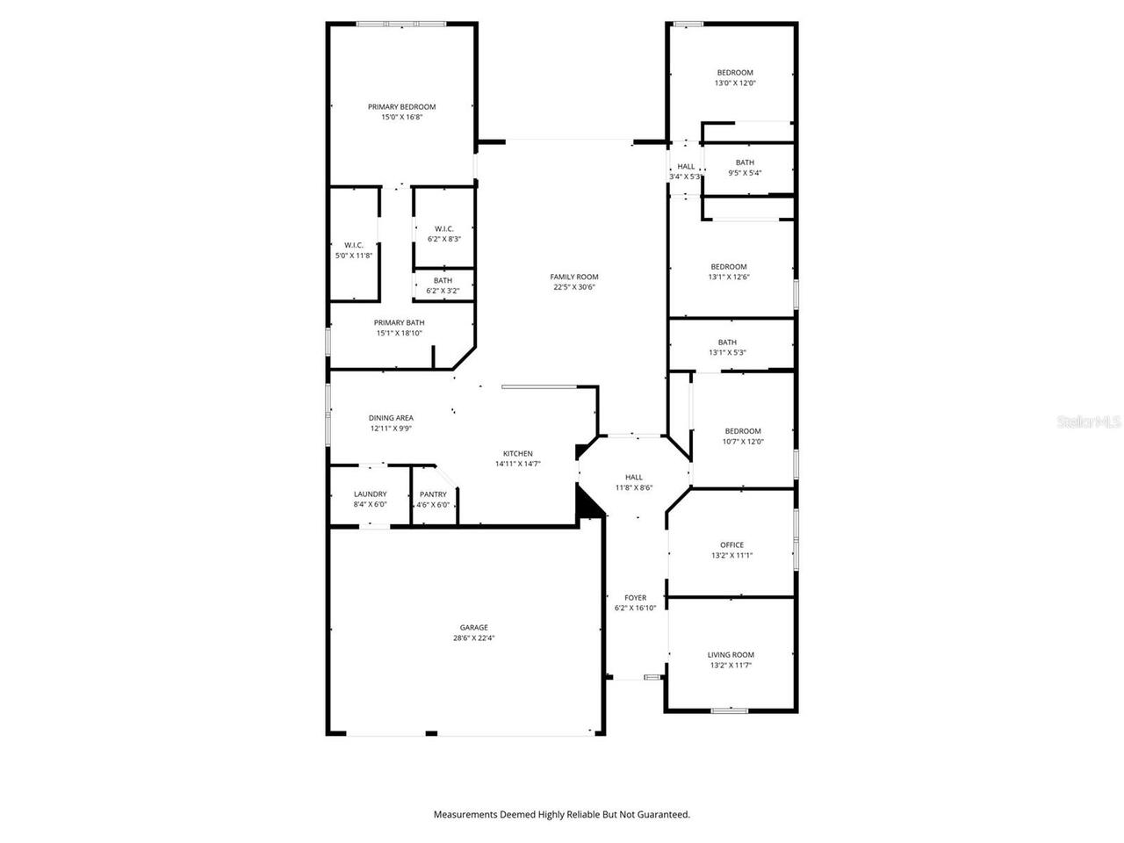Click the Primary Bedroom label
click(401, 107)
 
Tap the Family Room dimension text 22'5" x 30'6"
click(574, 287)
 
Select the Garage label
click(473, 628)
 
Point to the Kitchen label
click(517, 454)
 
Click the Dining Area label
click(391, 418)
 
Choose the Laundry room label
click(370, 494)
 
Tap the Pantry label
click(433, 494)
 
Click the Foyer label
click(635, 598)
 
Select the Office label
click(731, 545)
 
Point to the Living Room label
click(731, 655)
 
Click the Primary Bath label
click(399, 323)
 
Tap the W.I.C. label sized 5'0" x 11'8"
click(354, 245)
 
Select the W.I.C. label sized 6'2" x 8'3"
click(443, 228)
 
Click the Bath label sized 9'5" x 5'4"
click(745, 162)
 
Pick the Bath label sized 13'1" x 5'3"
click(727, 342)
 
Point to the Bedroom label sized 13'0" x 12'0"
click(734, 73)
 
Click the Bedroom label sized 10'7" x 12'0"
click(742, 431)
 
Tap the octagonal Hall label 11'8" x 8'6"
click(633, 478)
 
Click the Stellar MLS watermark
click(1089, 422)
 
